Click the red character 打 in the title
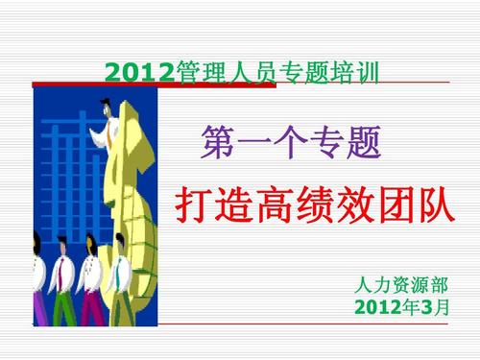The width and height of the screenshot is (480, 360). click(x=198, y=204)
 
